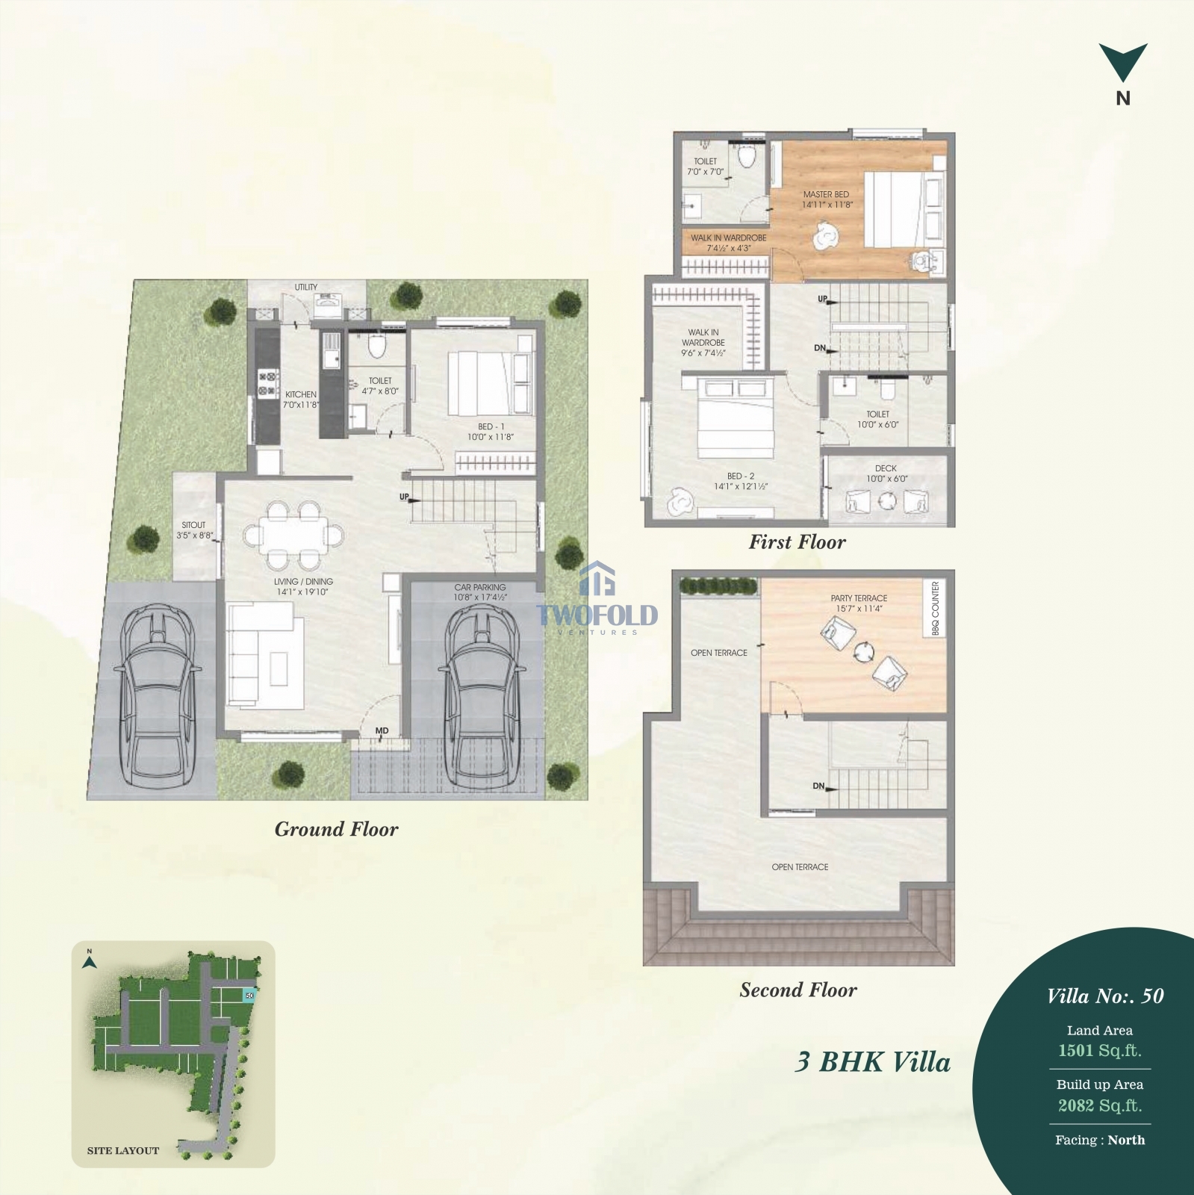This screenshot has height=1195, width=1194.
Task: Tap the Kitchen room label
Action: tap(301, 394)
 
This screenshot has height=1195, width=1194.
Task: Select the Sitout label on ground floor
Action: tap(193, 525)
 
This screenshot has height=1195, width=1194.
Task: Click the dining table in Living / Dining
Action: tap(293, 534)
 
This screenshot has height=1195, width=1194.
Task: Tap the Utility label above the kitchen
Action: tap(306, 287)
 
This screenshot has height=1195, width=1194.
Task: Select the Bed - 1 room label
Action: tap(491, 426)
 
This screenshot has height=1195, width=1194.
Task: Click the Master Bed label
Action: tap(827, 194)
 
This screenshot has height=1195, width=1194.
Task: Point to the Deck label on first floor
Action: tap(886, 468)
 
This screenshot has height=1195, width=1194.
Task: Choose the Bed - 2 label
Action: tap(741, 476)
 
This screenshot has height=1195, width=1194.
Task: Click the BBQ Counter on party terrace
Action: tap(936, 609)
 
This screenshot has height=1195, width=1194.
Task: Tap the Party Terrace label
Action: tap(859, 598)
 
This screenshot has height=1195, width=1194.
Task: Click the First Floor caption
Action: tap(797, 542)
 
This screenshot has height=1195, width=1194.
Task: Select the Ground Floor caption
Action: tap(336, 829)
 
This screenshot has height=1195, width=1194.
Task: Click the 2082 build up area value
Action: tap(1076, 1105)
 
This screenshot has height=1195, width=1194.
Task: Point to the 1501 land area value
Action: tap(1076, 1050)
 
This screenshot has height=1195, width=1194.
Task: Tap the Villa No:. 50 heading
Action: tap(1105, 996)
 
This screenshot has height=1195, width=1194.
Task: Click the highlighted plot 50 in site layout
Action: tap(249, 996)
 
